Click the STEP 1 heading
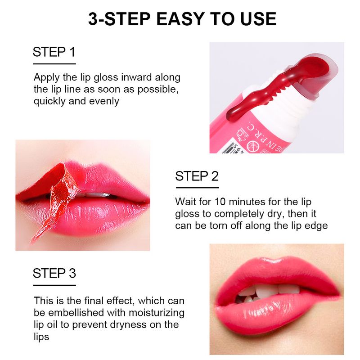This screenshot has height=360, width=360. pyautogui.click(x=54, y=52)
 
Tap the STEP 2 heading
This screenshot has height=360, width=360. pyautogui.click(x=197, y=176)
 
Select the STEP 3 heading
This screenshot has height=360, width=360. pyautogui.click(x=54, y=273)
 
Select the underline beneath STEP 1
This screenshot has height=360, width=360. pyautogui.click(x=54, y=64)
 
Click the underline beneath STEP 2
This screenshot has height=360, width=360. pyautogui.click(x=197, y=188)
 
